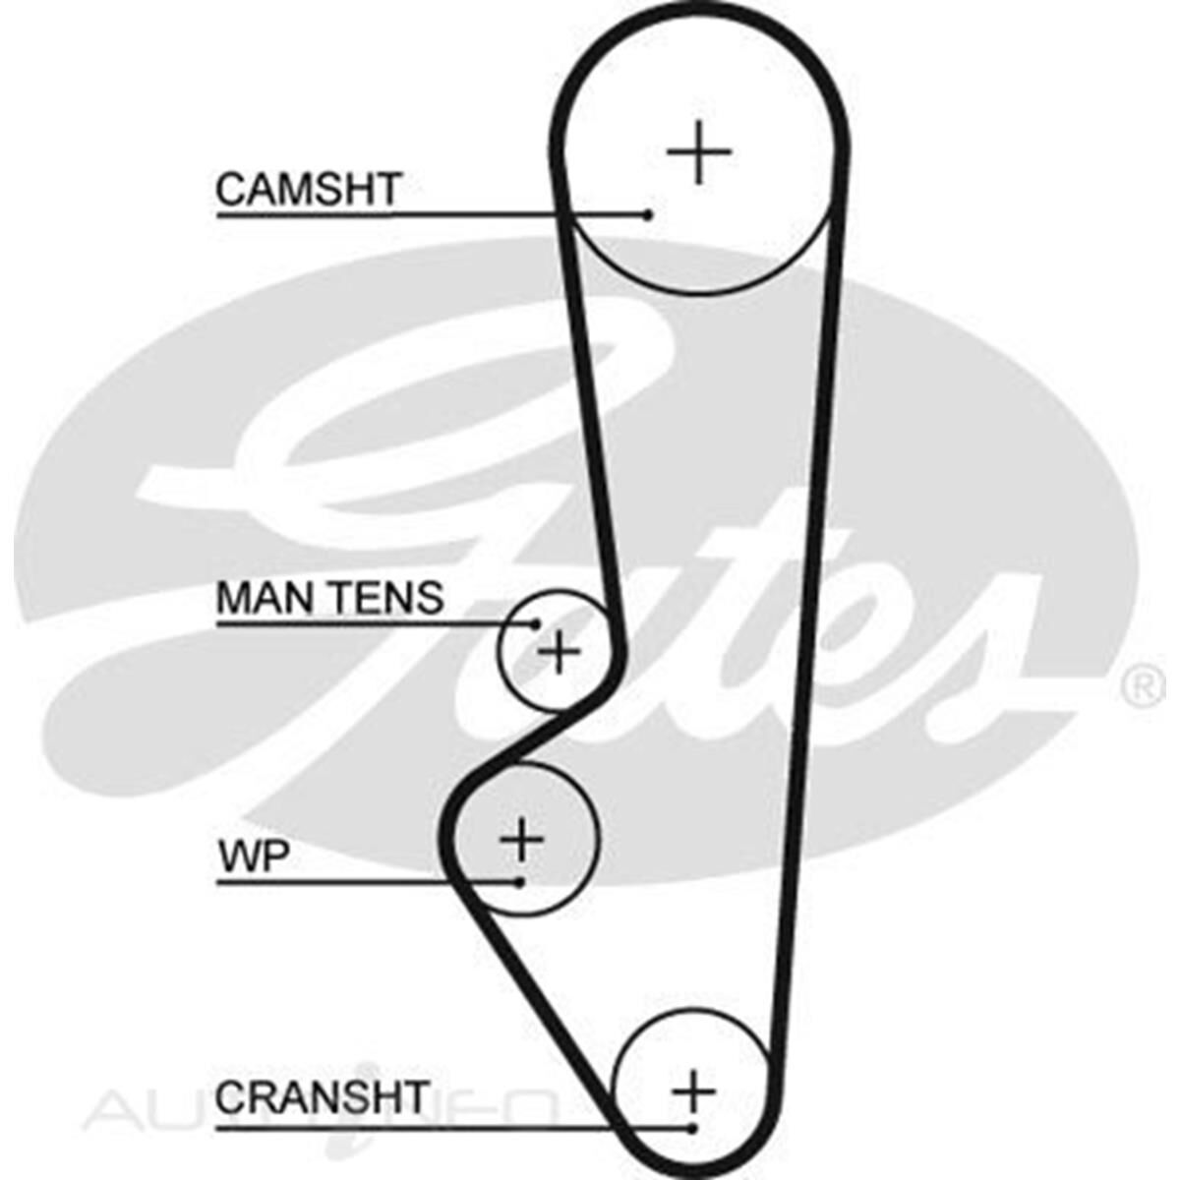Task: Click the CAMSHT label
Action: point(308,189)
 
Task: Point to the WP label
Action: point(253,858)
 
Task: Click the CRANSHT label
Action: point(323,1097)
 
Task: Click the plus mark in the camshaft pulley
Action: point(699,152)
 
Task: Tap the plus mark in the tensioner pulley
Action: point(560,651)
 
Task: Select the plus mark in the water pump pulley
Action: point(521,840)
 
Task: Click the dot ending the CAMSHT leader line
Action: point(648,214)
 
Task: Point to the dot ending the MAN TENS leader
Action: point(537,623)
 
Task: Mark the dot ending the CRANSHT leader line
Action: point(693,1127)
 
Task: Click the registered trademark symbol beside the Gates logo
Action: point(1142,687)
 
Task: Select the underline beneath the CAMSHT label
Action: point(393,214)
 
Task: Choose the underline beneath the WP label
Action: point(344,882)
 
